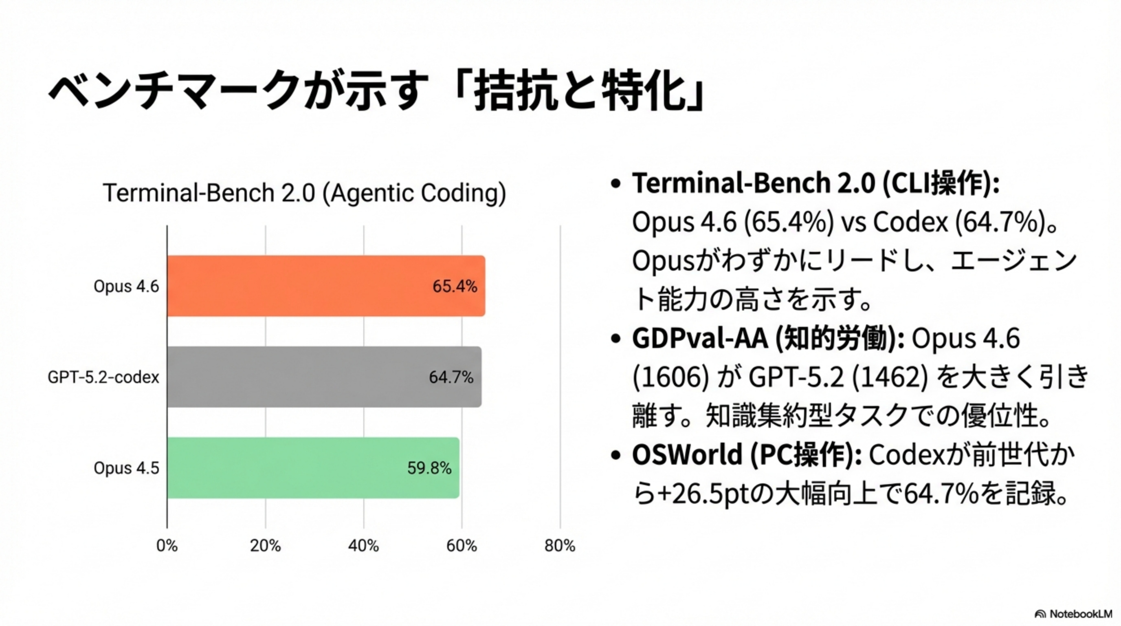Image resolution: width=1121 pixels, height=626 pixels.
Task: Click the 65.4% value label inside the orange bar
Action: [454, 286]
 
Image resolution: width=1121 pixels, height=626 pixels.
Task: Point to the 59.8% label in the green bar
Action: [429, 468]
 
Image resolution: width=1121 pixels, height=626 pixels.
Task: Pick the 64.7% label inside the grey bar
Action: [451, 377]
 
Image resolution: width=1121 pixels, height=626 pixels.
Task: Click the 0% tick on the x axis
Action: [167, 545]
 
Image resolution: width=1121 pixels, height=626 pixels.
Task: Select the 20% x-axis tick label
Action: [266, 545]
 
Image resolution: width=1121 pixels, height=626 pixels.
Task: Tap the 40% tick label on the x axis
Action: [363, 545]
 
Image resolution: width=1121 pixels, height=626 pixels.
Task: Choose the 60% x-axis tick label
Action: [462, 545]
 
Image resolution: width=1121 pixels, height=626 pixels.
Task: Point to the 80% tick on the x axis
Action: [560, 545]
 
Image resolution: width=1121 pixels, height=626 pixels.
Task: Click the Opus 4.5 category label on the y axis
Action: [126, 468]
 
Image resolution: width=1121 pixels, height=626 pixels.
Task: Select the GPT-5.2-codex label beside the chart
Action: [103, 377]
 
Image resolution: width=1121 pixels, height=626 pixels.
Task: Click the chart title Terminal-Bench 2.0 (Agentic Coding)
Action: [305, 193]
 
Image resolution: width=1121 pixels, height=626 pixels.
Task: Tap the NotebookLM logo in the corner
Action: [1073, 614]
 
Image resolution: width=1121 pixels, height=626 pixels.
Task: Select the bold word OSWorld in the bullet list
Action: [687, 454]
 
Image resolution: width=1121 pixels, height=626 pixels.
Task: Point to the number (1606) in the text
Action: [670, 377]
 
